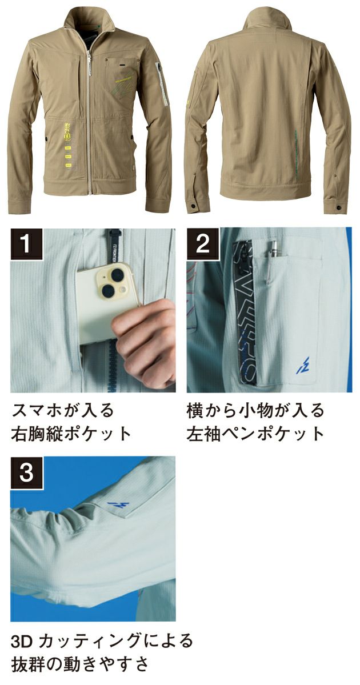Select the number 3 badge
[x=26, y=472]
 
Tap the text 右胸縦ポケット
[x=71, y=433]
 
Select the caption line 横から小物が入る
[x=255, y=410]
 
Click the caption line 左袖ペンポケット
[x=255, y=433]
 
